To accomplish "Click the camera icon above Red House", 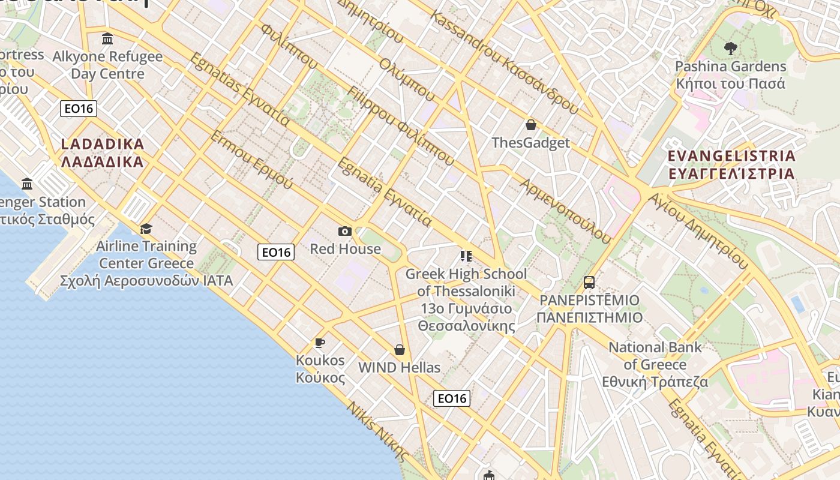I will click(x=345, y=231).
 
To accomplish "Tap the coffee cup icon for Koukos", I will click(x=320, y=343).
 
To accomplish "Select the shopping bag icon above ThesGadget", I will click(x=530, y=125).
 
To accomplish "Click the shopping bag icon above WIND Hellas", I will click(x=400, y=349).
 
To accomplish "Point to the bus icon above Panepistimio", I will click(x=589, y=282).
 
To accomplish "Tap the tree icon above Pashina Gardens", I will click(x=730, y=48).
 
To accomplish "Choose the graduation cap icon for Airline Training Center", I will click(x=146, y=229).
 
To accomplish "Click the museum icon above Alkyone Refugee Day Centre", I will click(x=107, y=39).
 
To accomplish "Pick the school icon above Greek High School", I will click(x=466, y=256).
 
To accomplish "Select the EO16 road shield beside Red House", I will click(x=276, y=252).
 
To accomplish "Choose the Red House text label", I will click(x=345, y=248).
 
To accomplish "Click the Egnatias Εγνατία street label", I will click(x=239, y=89).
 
